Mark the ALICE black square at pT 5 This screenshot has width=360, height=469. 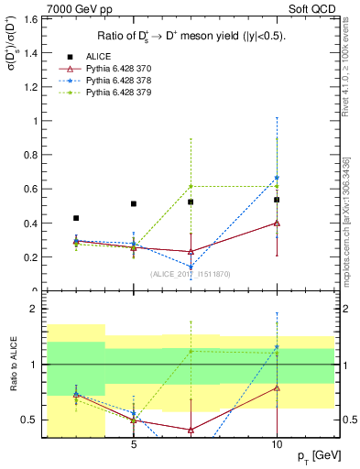[x=134, y=203]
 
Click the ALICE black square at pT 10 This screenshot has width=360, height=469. [x=277, y=199]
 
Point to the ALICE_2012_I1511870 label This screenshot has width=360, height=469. [x=191, y=273]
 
